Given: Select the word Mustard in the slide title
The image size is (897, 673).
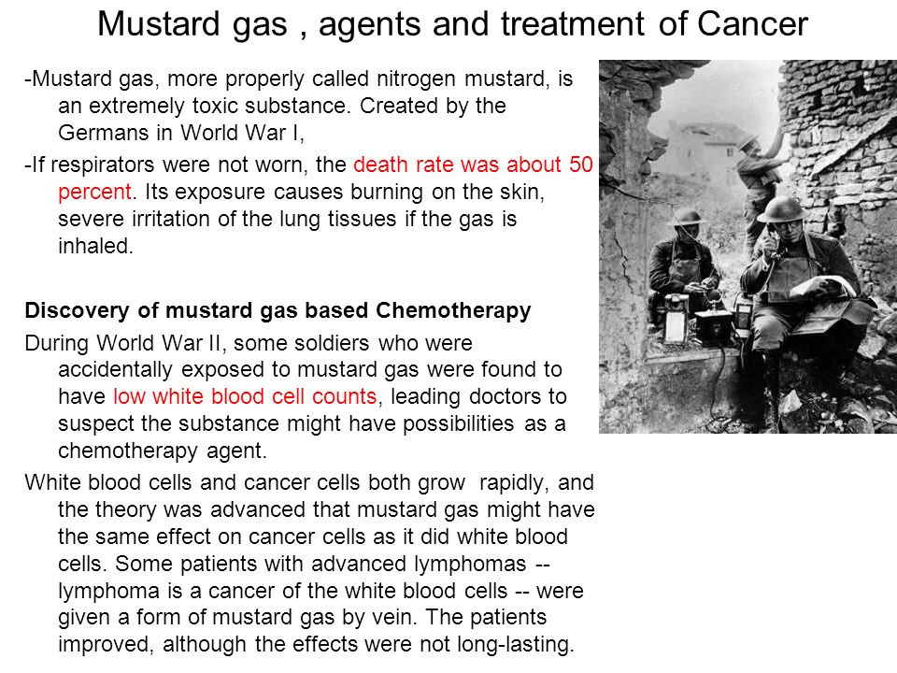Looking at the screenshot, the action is [159, 24].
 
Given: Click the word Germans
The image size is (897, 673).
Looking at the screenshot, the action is [103, 133].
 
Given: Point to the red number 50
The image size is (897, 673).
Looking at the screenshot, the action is [580, 165].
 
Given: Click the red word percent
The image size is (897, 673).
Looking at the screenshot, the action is [94, 192].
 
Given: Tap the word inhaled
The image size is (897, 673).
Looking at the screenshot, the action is [95, 246].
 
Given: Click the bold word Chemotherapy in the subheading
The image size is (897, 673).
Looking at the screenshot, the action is [453, 310].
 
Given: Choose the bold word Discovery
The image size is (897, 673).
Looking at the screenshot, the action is [78, 310].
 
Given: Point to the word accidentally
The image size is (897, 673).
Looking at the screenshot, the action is [115, 370].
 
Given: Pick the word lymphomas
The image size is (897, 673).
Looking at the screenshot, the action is [470, 565].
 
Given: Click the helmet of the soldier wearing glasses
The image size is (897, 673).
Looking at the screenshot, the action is [780, 209].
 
